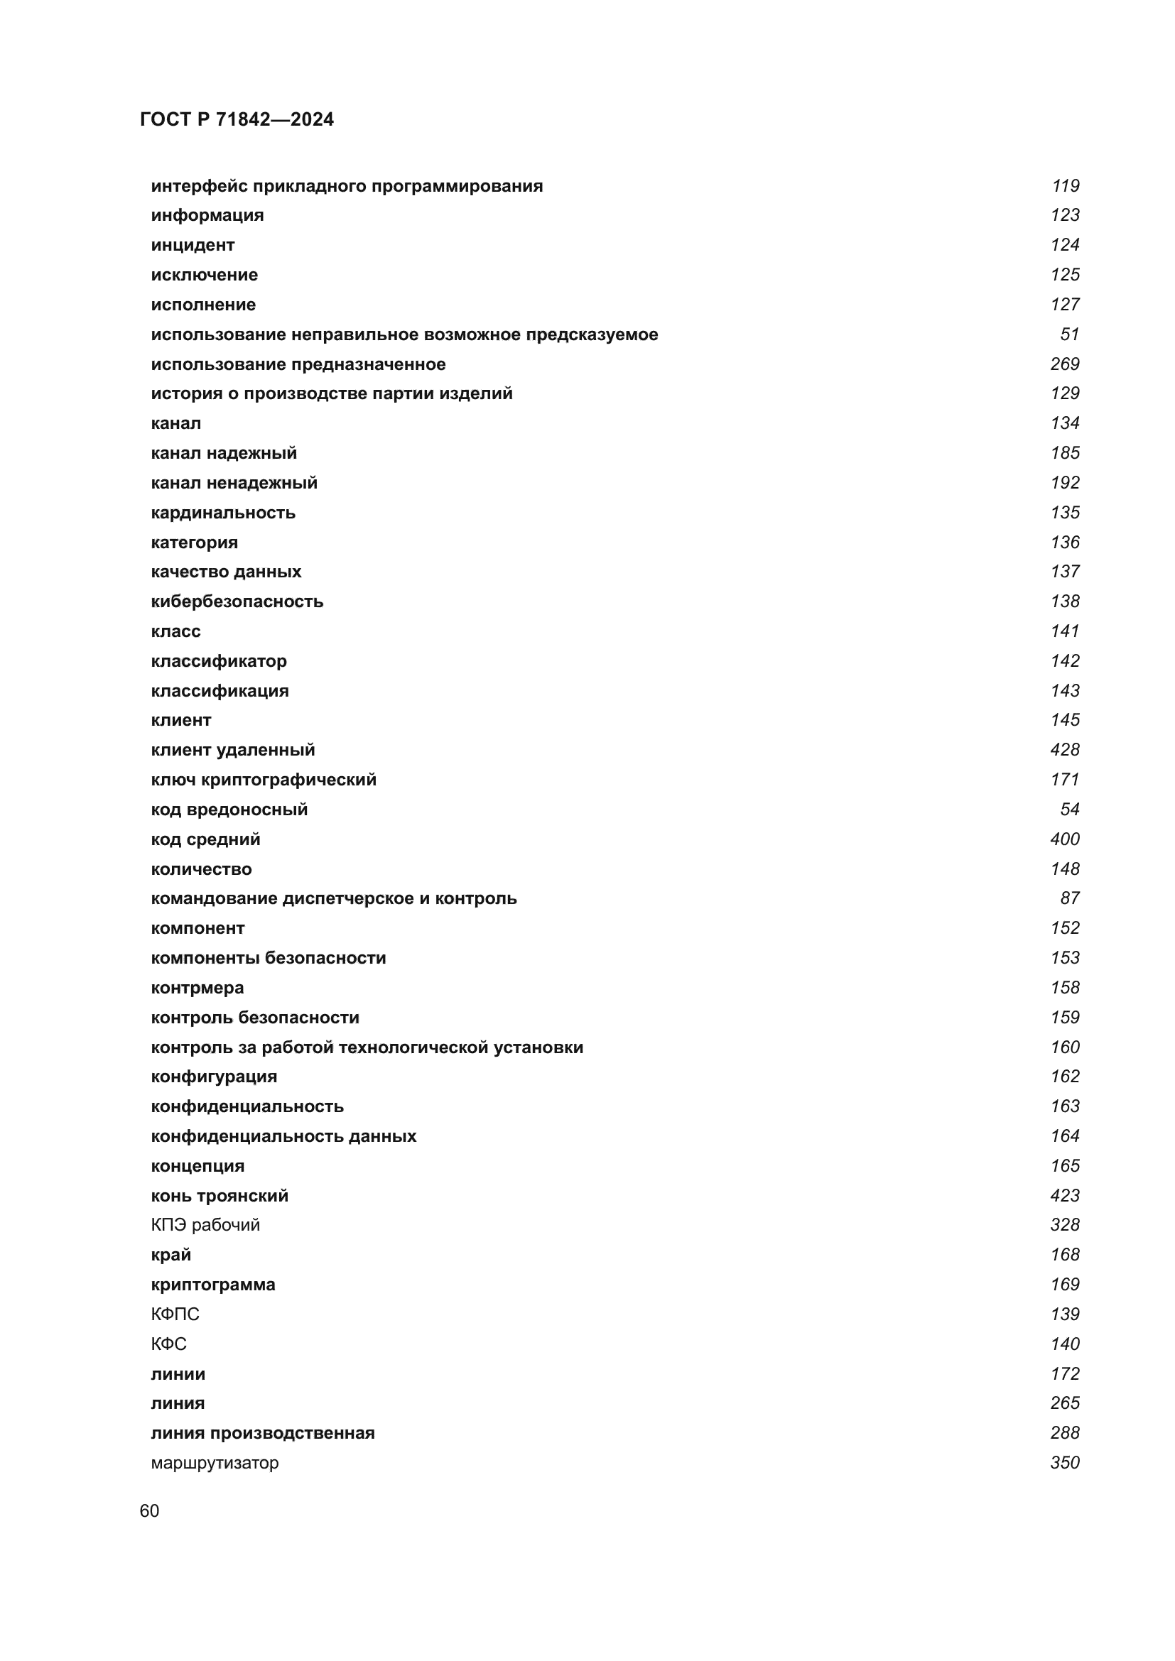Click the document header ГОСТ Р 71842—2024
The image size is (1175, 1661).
coord(237,119)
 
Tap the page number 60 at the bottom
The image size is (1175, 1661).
coord(149,1510)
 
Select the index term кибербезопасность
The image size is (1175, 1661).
coord(237,601)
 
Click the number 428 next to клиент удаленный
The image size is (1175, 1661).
coord(1064,749)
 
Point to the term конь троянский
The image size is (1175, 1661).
coord(220,1195)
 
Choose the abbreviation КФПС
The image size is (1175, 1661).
coord(175,1314)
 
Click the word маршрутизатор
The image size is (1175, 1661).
coord(214,1462)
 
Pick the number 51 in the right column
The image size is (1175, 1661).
coord(1069,334)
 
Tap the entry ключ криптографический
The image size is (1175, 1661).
coord(264,779)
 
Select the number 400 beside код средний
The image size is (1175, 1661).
coord(1064,839)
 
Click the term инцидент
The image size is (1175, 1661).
coord(193,245)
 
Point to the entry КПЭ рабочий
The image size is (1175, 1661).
coord(205,1225)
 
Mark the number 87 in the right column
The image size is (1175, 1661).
coord(1069,898)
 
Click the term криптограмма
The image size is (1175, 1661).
coord(212,1284)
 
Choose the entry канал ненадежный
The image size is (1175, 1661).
coord(234,482)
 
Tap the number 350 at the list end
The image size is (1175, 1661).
coord(1064,1462)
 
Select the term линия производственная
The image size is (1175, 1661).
coord(263,1432)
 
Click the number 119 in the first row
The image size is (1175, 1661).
coord(1065,186)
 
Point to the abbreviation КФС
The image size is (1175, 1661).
coord(168,1344)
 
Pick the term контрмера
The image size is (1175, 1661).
coord(197,988)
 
